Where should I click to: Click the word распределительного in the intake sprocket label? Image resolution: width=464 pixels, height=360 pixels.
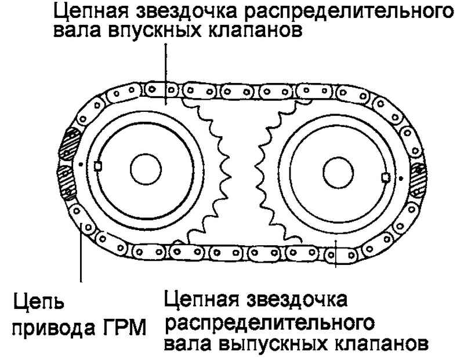349,11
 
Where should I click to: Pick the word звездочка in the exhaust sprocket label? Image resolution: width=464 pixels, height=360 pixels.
296,299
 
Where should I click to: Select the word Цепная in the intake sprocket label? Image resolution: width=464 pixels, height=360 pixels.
91,11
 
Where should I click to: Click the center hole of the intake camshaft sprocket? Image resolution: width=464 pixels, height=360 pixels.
146,169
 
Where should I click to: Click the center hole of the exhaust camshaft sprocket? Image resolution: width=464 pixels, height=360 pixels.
338,172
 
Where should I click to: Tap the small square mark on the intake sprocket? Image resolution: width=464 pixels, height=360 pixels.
98,166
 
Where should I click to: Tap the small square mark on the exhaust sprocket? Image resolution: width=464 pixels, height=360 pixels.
386,177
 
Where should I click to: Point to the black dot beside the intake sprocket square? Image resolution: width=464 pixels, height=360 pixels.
81,163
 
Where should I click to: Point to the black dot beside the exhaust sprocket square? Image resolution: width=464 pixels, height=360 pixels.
401,179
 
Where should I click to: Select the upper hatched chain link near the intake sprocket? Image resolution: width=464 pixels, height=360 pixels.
70,144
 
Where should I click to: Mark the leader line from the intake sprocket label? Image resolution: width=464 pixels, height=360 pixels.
166,75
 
